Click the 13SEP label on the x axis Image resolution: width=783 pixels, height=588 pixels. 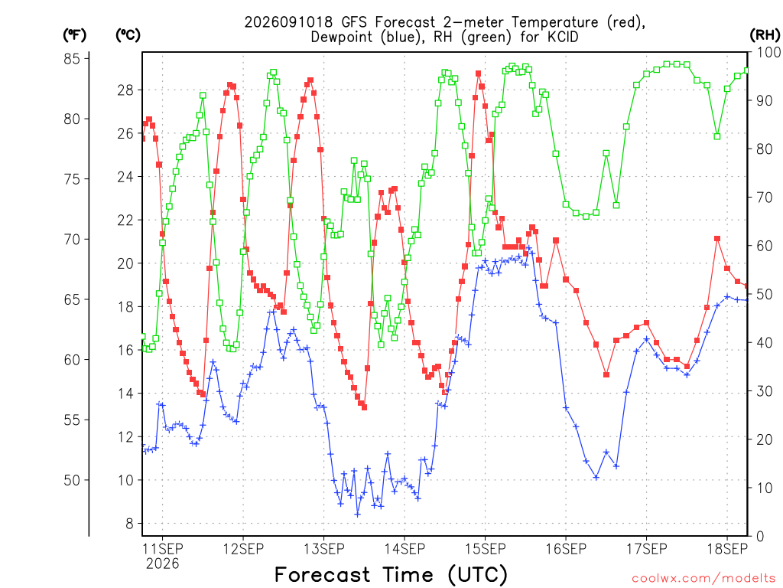(x=323, y=549)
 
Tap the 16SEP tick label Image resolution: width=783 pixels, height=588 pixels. (x=566, y=549)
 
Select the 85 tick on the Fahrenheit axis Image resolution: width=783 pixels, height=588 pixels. (x=72, y=58)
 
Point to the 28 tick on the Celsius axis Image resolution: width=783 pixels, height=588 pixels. (x=125, y=90)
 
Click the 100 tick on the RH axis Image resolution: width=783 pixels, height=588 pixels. (x=769, y=52)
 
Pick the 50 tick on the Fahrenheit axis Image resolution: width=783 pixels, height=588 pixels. (x=72, y=480)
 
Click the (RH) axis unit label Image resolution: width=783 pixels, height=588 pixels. (x=765, y=35)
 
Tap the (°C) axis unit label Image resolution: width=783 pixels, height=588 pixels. (x=128, y=35)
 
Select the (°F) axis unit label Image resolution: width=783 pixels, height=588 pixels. (x=74, y=35)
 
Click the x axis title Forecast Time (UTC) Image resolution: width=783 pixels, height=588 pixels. (x=391, y=574)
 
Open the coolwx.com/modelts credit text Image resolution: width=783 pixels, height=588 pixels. (x=703, y=579)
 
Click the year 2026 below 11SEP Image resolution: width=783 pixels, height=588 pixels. (x=162, y=564)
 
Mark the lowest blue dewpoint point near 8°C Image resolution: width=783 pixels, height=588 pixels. (x=357, y=514)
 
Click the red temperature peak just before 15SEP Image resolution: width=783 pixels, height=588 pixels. (x=479, y=73)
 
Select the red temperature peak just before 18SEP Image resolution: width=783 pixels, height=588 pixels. (x=717, y=239)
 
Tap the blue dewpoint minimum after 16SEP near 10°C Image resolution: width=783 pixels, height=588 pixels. (x=596, y=478)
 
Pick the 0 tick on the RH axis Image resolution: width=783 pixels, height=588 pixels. (x=760, y=537)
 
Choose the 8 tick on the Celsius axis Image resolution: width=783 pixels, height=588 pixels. (x=129, y=524)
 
